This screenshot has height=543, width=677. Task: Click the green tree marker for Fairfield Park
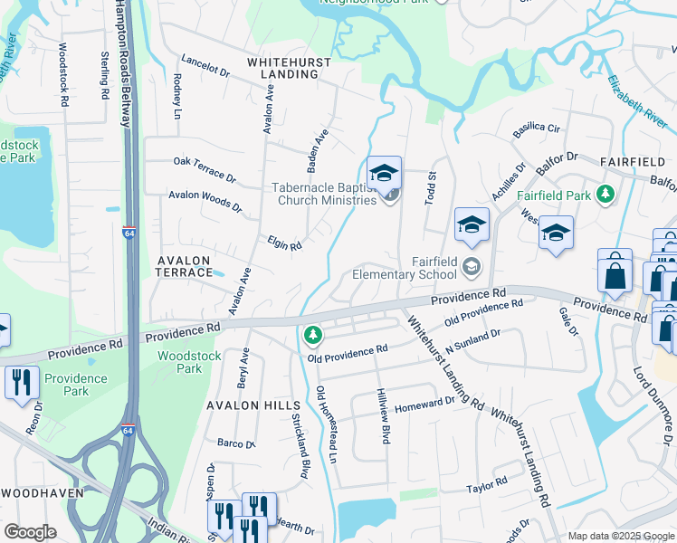click(605, 195)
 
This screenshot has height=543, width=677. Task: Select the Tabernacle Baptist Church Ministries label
click(322, 195)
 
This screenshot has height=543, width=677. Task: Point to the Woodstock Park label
click(177, 362)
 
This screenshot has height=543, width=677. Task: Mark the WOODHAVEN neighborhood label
click(43, 493)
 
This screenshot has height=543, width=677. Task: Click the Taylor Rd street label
click(487, 487)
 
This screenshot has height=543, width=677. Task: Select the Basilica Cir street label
click(537, 129)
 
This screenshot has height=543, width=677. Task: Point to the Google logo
click(30, 532)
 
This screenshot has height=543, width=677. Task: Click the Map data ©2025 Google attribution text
click(620, 536)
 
